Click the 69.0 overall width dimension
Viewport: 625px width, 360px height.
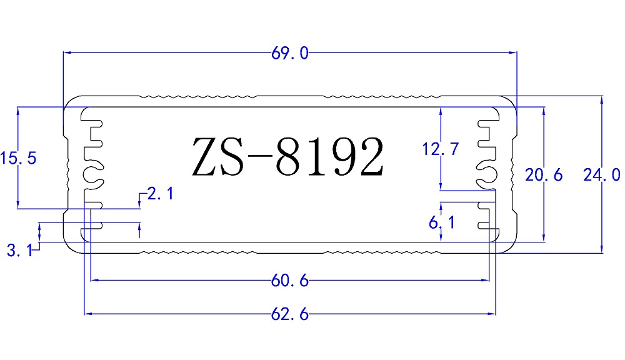[x=289, y=54]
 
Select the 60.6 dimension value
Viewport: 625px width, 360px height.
[x=289, y=281]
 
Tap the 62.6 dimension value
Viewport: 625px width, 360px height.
[x=289, y=314]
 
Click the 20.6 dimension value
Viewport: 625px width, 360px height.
[x=544, y=176]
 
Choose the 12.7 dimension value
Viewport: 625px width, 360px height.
[x=441, y=149]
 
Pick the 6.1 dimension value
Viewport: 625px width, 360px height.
[x=441, y=222]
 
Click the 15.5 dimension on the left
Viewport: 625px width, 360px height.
[x=18, y=158]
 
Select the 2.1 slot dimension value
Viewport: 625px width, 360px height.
[x=159, y=194]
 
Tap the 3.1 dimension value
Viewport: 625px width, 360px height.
[x=19, y=251]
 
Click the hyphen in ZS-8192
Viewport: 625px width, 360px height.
[x=261, y=159]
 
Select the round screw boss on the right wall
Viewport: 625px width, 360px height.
[x=487, y=174]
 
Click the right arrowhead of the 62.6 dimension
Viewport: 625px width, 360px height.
[x=493, y=314]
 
